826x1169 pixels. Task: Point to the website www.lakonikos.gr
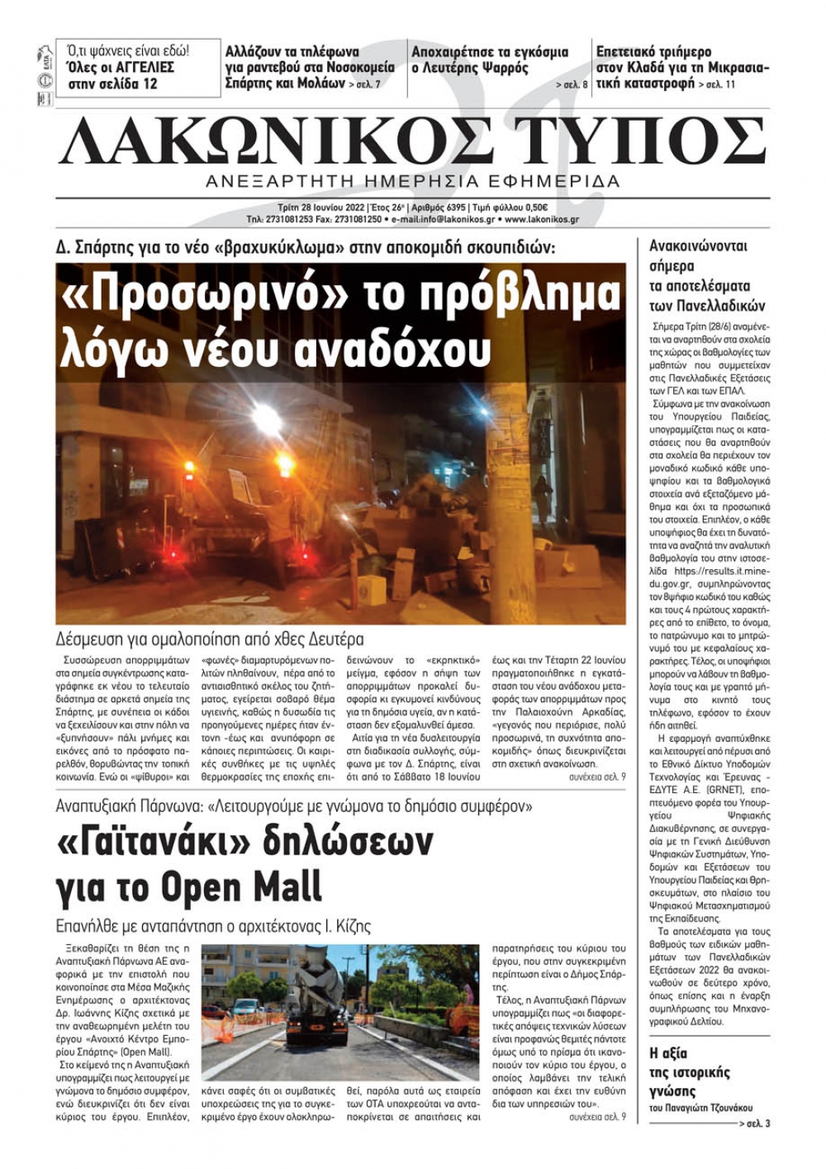tap(541, 220)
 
